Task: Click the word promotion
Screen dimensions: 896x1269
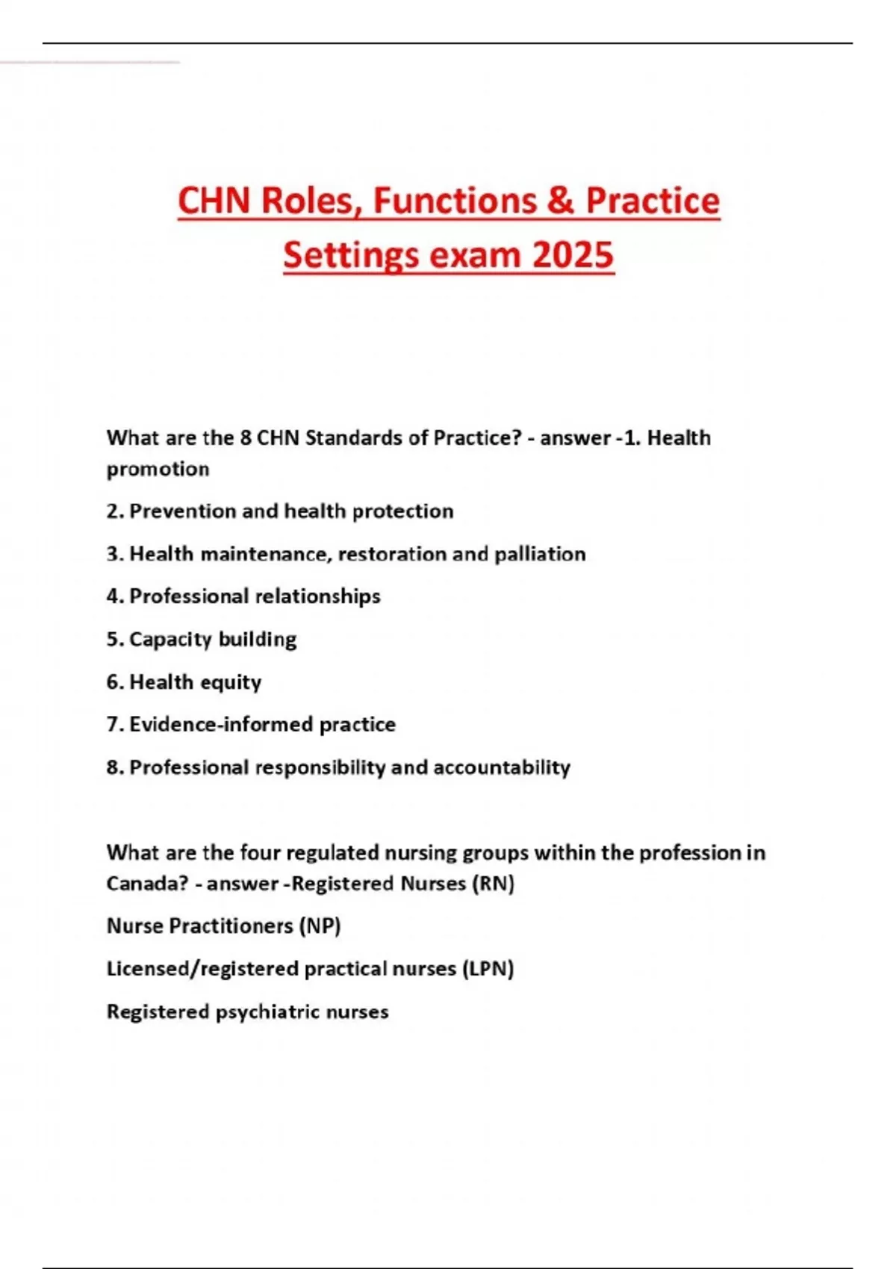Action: [x=158, y=470]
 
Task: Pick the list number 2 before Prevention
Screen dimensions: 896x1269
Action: [x=113, y=511]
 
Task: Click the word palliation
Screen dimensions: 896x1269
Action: [x=540, y=554]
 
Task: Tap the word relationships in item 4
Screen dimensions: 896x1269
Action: [x=317, y=597]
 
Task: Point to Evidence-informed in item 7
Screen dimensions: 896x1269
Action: [x=222, y=725]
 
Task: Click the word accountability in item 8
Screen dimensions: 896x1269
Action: [x=502, y=767]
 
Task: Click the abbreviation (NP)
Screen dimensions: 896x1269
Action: [x=320, y=926]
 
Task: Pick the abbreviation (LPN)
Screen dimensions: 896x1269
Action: [x=488, y=970]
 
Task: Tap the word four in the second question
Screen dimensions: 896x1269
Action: [x=261, y=852]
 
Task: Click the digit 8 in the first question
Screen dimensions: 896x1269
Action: [x=246, y=438]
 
